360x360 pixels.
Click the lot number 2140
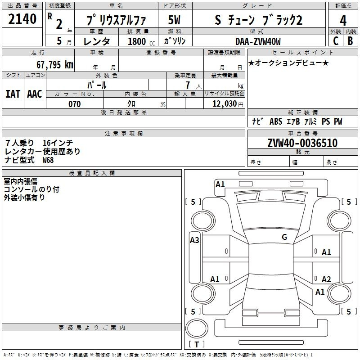22,19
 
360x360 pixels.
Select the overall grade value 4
343,21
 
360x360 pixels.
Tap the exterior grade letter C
336,41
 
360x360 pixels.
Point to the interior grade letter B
350,41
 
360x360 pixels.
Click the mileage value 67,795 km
55,65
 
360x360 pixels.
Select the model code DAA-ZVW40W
258,41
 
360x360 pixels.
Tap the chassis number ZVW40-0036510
302,143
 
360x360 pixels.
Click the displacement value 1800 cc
141,41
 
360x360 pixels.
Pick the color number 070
75,104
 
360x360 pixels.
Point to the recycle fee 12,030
225,104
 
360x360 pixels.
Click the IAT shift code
13,94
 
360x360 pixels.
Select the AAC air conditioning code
35,94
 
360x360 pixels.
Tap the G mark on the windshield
284,237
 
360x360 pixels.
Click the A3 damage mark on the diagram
194,240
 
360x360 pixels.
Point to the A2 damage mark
326,279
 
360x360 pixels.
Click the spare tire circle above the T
197,328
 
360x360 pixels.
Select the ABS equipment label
276,121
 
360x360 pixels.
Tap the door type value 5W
174,20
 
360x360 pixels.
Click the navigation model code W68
48,160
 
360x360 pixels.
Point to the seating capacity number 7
188,85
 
